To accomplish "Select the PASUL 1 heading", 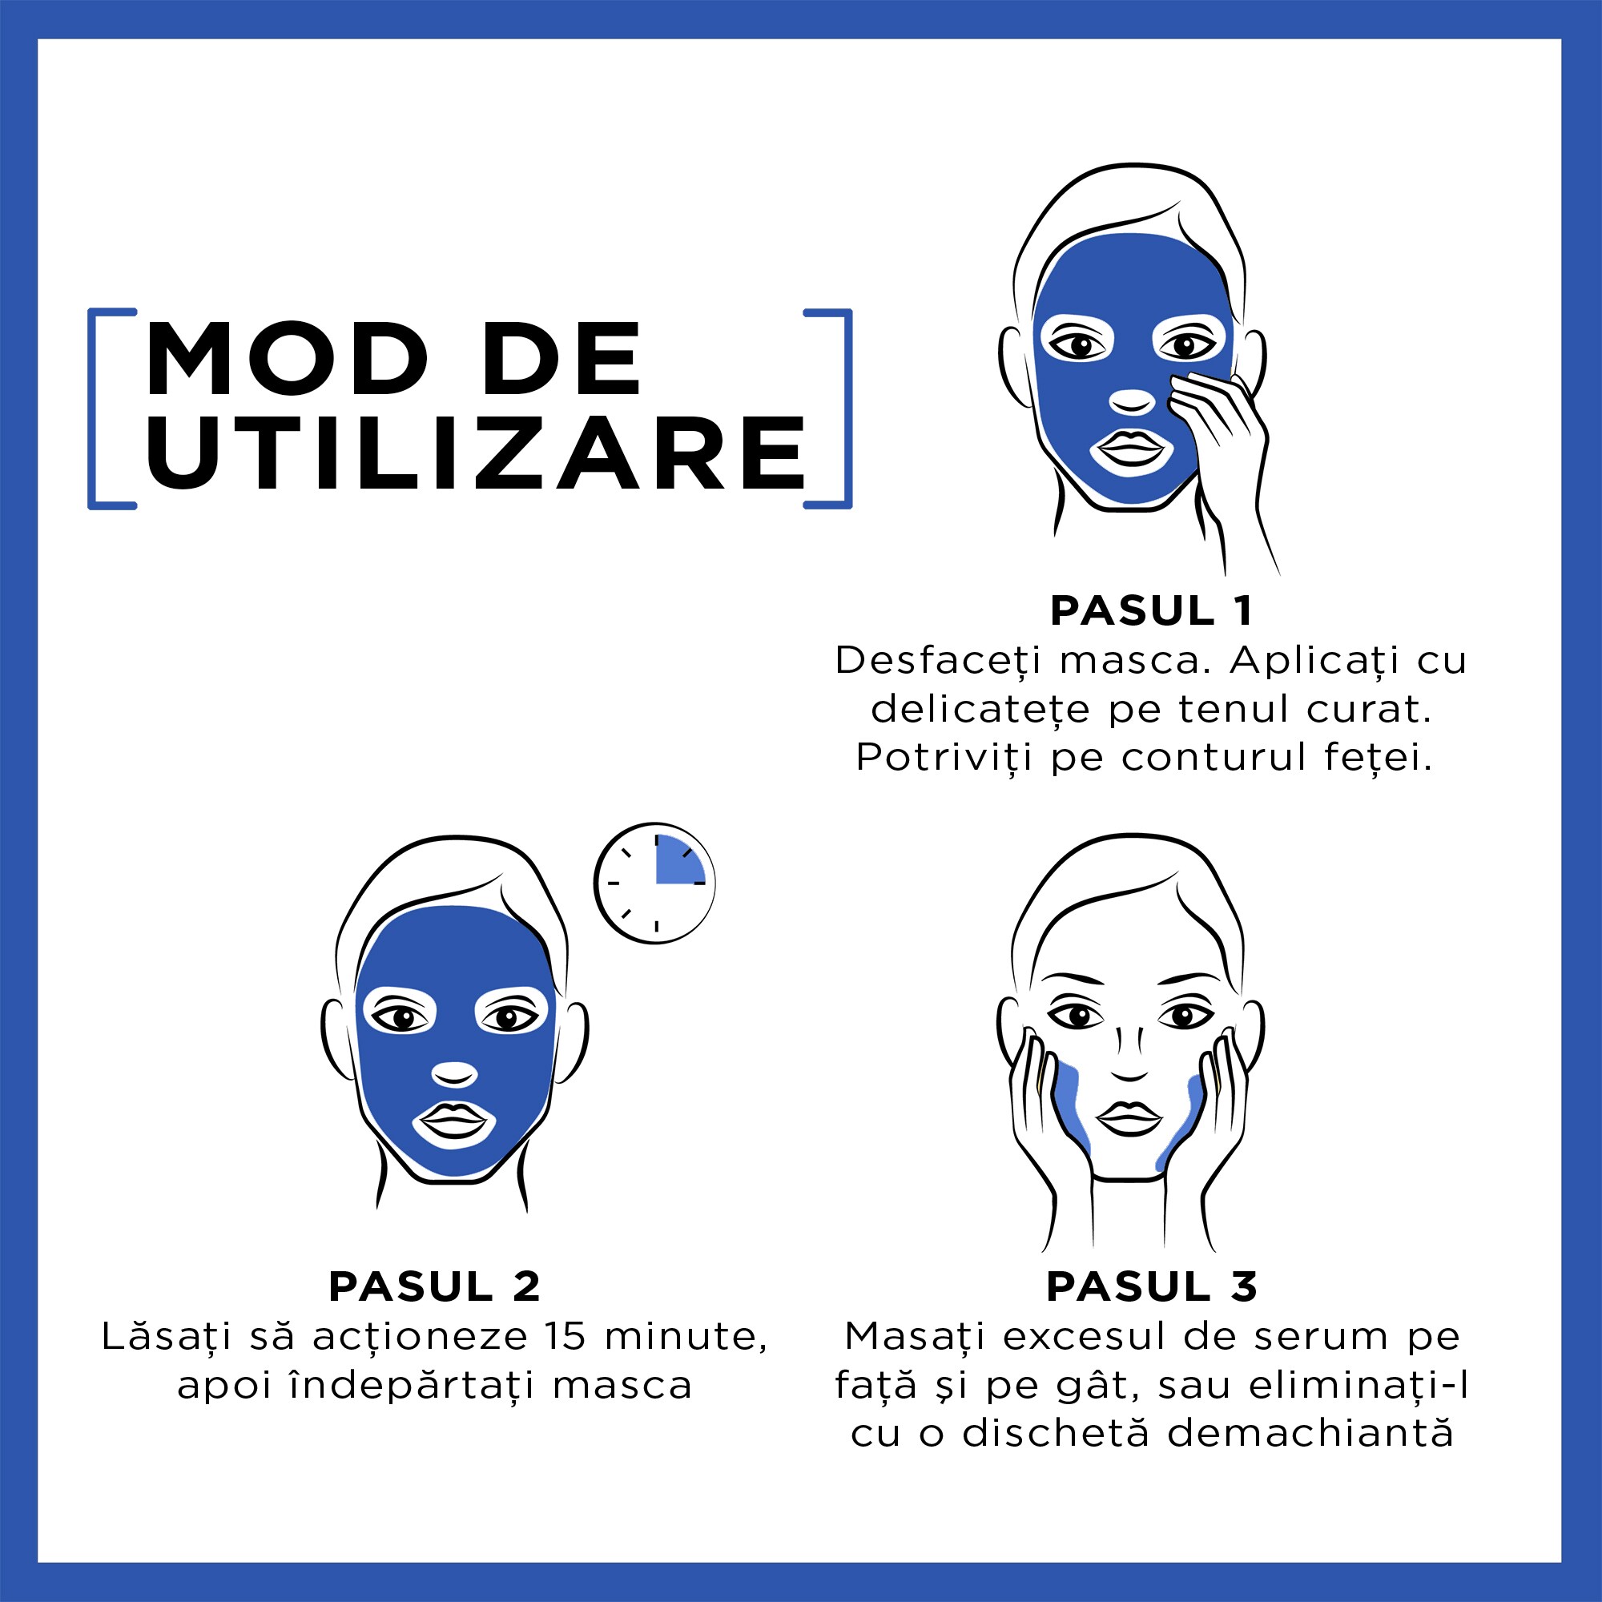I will (1151, 611).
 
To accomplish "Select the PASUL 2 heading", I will (434, 1287).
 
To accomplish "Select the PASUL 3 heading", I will (1151, 1287).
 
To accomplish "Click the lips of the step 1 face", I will (1131, 449).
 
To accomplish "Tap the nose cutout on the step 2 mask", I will (454, 1075).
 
